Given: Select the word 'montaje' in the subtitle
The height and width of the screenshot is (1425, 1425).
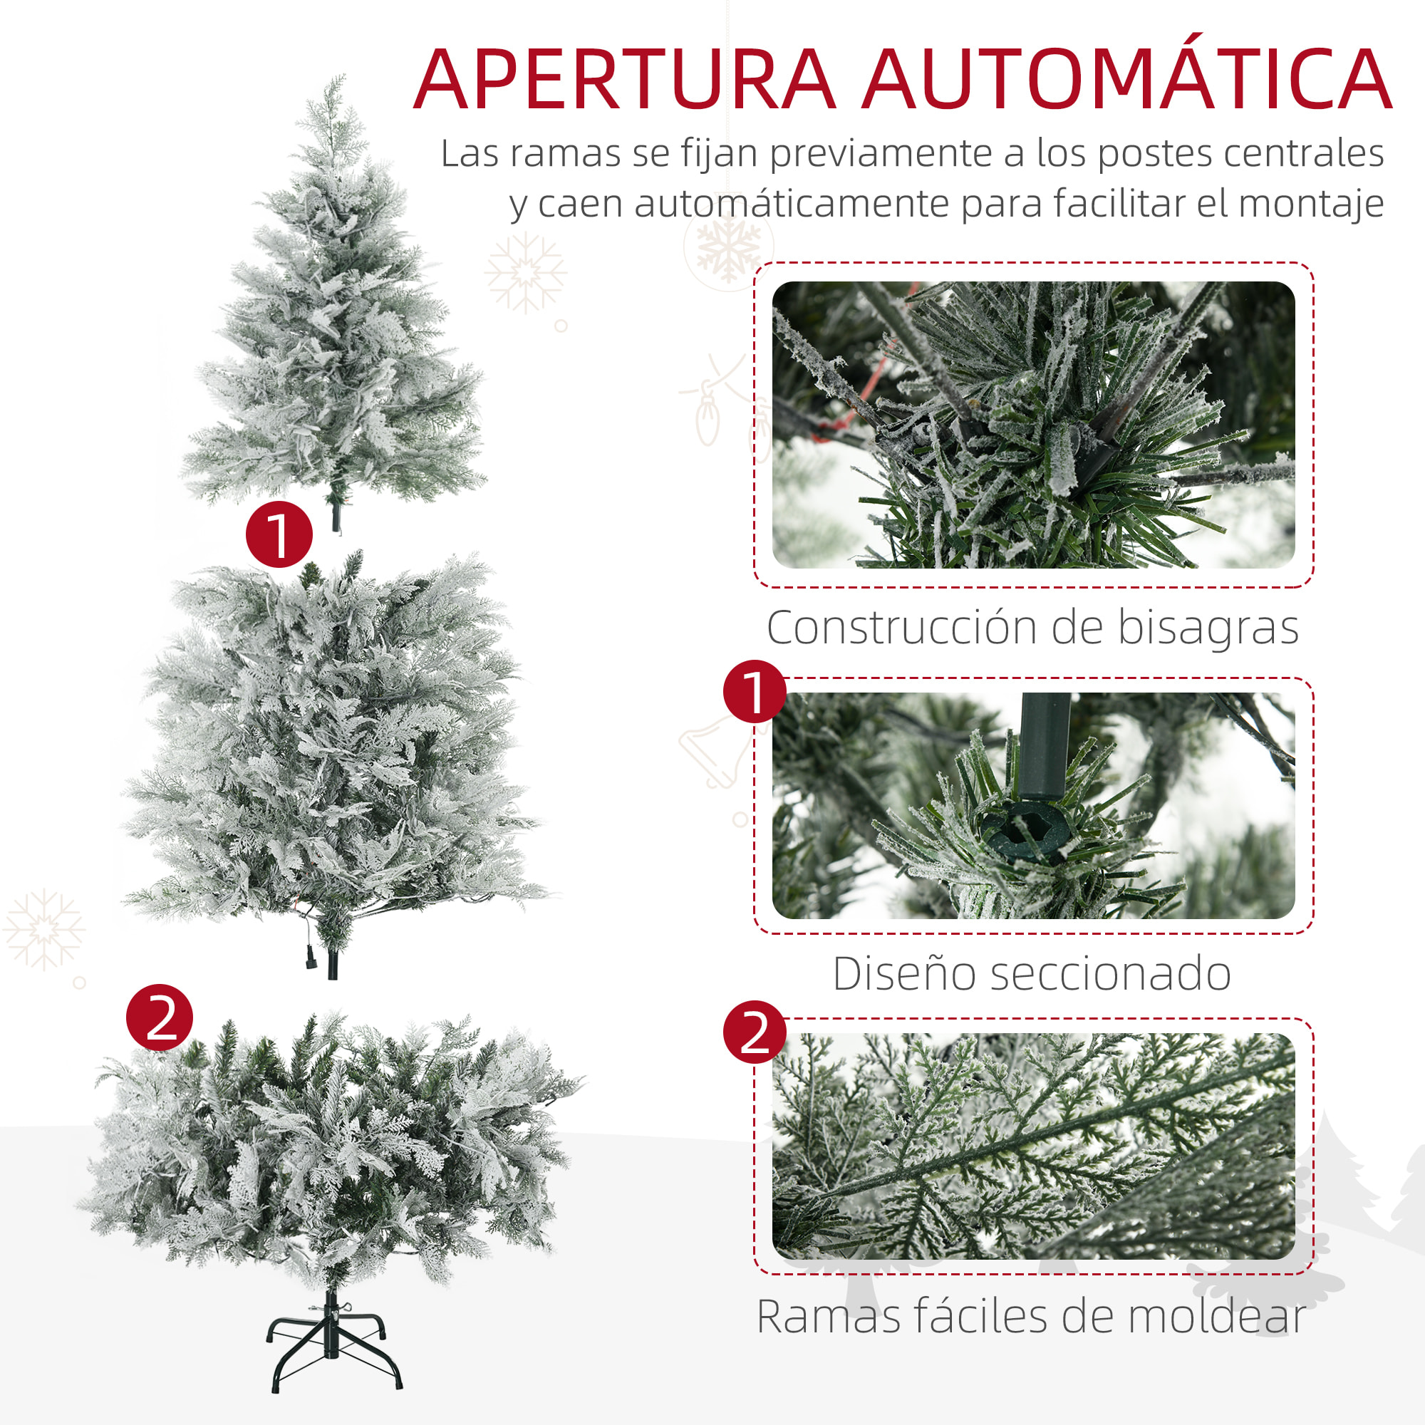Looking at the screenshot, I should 1311,204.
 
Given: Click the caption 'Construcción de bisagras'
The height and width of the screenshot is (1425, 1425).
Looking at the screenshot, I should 1032,628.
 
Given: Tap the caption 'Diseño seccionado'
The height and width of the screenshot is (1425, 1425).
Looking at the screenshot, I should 1032,974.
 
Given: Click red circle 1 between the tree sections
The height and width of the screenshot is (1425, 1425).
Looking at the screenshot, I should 279,534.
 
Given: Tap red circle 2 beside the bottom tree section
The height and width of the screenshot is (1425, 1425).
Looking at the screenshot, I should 160,1018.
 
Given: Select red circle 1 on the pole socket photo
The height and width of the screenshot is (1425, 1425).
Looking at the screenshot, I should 755,691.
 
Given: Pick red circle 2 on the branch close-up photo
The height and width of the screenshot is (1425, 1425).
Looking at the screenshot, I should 755,1032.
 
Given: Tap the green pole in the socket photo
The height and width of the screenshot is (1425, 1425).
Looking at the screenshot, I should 1044,745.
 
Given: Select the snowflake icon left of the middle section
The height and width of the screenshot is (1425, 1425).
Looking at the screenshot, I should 43,929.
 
